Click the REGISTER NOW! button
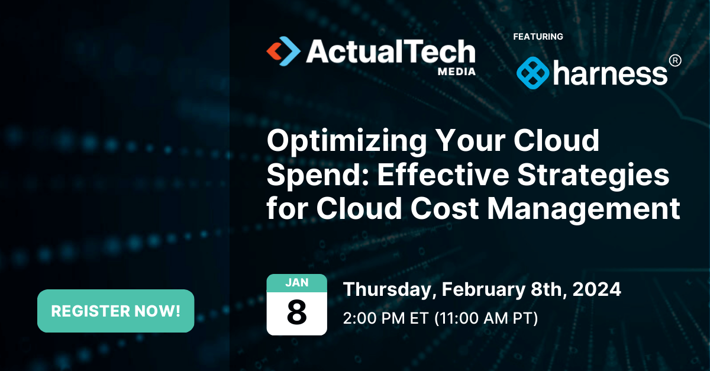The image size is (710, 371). tap(115, 311)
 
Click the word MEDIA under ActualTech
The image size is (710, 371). tap(456, 71)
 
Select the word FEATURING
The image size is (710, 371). tap(538, 37)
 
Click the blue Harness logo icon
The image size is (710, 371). tap(532, 73)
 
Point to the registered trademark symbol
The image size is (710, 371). tap(674, 60)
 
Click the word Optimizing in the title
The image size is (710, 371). tap(343, 143)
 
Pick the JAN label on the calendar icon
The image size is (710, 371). tap(296, 283)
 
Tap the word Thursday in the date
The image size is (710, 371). tap(389, 290)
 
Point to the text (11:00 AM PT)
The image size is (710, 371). tap(486, 318)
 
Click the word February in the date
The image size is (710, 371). tap(480, 290)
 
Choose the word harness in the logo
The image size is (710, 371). tap(611, 74)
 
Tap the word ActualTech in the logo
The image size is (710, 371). tap(390, 52)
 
